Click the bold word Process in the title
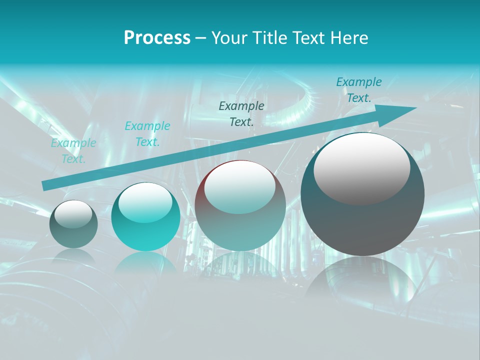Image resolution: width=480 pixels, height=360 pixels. [157, 38]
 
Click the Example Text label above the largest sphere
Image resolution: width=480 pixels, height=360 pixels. [358, 90]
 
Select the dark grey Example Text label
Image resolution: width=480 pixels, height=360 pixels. [241, 114]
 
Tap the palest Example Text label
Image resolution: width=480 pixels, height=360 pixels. [73, 151]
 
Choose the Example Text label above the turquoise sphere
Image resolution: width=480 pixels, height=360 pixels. [147, 134]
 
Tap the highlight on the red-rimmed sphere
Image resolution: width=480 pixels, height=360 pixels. [239, 187]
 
